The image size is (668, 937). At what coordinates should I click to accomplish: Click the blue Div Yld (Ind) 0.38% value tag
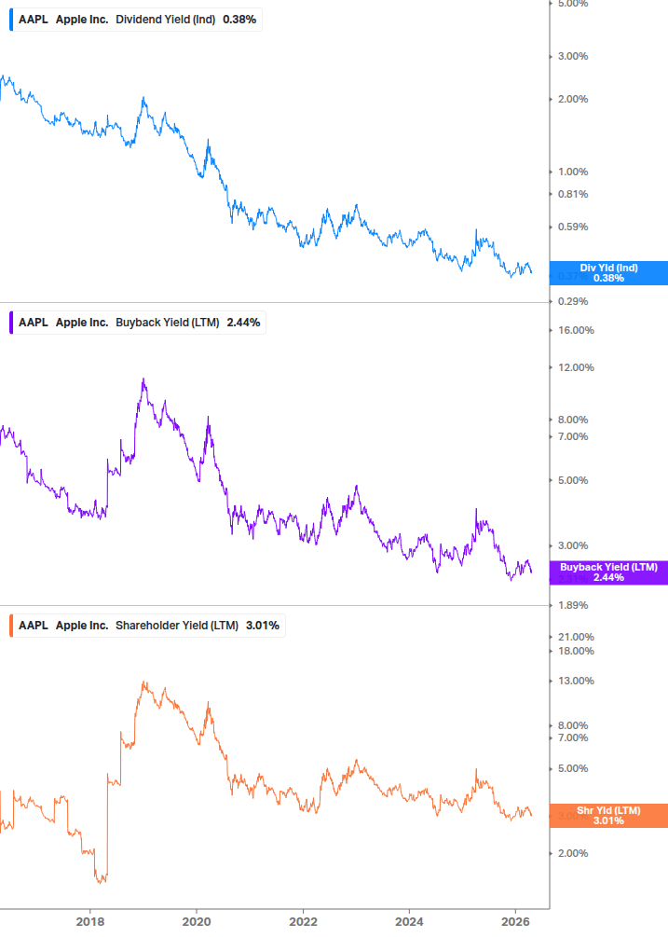pos(607,273)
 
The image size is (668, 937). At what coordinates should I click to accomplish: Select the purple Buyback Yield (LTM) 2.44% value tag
pos(607,572)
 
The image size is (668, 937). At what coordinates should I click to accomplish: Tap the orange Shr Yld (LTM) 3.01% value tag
pos(607,816)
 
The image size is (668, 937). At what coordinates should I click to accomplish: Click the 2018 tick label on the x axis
pos(89,922)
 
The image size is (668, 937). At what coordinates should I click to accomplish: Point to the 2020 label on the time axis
pos(197,922)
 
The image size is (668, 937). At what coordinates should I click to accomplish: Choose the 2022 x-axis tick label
pos(303,922)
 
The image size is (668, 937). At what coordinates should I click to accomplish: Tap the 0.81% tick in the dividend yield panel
pos(572,194)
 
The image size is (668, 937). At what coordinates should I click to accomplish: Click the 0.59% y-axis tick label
pos(572,227)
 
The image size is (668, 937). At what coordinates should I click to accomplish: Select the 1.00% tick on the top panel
pos(572,172)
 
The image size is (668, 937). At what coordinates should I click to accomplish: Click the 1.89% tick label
pos(572,605)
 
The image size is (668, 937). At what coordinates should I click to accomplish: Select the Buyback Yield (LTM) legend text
pos(167,324)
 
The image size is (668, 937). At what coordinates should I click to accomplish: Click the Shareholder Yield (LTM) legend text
pos(176,625)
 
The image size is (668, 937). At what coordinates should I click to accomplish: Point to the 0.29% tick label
pos(572,301)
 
